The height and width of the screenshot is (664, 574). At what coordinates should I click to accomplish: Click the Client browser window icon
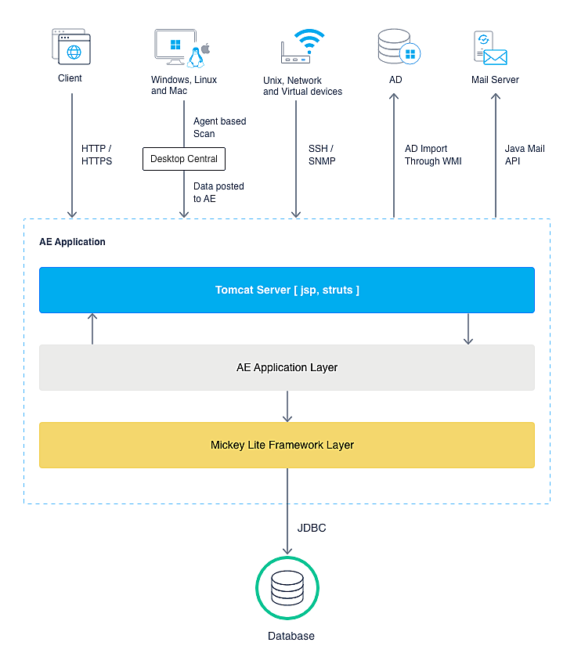[70, 47]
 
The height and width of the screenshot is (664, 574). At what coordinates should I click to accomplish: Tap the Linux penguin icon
[196, 56]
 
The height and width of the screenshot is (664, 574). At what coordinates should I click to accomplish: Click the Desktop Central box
[184, 159]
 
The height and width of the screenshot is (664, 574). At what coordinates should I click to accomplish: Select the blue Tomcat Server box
[287, 290]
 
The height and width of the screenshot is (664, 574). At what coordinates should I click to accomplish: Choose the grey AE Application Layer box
[287, 367]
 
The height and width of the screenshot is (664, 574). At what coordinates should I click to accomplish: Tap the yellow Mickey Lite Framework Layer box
[287, 445]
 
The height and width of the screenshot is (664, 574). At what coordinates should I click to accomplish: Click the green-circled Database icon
[287, 588]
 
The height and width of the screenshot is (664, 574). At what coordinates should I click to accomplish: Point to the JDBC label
[311, 529]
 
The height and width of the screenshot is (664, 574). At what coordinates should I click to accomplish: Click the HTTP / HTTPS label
[96, 155]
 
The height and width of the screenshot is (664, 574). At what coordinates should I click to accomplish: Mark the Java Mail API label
[525, 155]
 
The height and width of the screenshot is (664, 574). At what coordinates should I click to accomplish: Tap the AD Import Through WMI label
[433, 155]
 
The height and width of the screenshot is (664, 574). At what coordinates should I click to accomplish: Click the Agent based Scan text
[219, 128]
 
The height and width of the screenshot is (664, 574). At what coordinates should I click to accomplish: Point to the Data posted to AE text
[218, 193]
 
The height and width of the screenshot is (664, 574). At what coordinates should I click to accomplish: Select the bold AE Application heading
[72, 242]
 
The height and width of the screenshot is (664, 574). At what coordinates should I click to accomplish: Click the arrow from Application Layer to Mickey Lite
[287, 406]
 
